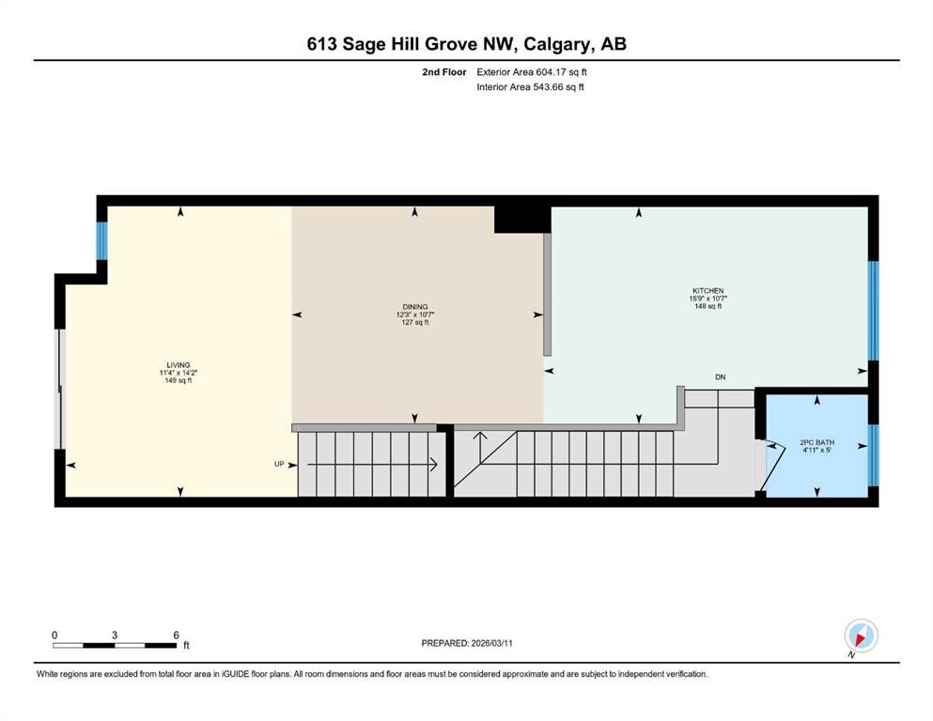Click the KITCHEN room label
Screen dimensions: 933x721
[x=708, y=291]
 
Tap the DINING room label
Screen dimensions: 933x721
[x=414, y=307]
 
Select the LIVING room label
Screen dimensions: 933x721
[x=179, y=365]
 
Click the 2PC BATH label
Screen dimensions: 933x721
[x=817, y=442]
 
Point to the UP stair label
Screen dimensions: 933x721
[x=279, y=464]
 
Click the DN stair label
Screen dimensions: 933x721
[x=720, y=376]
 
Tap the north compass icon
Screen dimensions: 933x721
[x=861, y=637]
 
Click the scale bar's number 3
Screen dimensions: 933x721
[x=115, y=635]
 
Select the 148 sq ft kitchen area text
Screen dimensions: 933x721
[x=708, y=306]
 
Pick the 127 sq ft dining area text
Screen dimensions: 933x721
[x=414, y=322]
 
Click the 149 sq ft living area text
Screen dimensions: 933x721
[x=179, y=380]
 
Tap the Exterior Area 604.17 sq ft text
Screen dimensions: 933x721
[x=532, y=72]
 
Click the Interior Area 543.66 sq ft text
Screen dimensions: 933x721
[x=530, y=86]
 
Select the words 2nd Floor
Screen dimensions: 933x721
[x=444, y=72]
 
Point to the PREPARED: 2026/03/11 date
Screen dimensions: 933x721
[x=467, y=643]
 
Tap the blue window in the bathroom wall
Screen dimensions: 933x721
[x=872, y=455]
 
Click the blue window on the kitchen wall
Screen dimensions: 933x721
[x=873, y=311]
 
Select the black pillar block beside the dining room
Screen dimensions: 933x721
[x=522, y=220]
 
